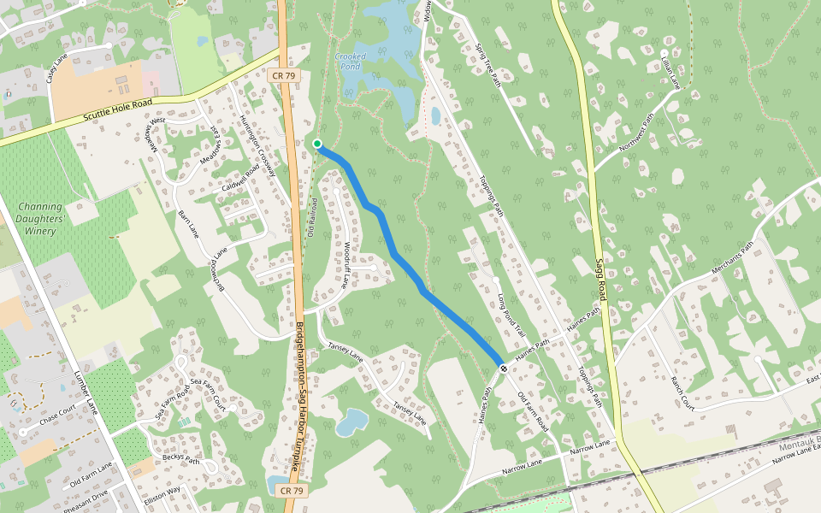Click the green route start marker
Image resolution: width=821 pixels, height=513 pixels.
(x=317, y=144)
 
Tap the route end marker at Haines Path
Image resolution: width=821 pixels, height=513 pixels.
(x=505, y=369)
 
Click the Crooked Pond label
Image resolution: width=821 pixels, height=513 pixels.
(x=351, y=61)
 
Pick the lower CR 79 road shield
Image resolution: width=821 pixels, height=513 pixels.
(x=291, y=491)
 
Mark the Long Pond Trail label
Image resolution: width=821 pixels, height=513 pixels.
(x=510, y=312)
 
